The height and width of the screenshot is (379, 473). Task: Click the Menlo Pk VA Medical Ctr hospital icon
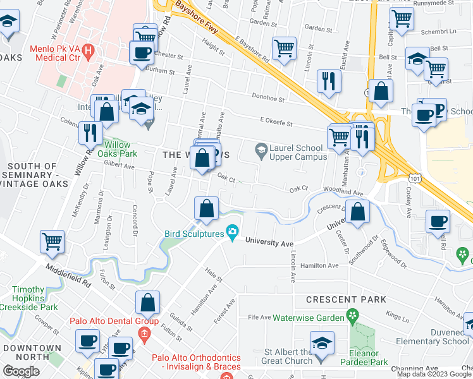pos(88,49)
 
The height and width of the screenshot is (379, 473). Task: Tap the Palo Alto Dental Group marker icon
pos(144,333)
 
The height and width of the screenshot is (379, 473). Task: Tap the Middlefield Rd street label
pos(68,276)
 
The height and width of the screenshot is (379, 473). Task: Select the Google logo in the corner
pos(21,371)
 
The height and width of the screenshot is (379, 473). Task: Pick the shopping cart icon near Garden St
pos(284,49)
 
